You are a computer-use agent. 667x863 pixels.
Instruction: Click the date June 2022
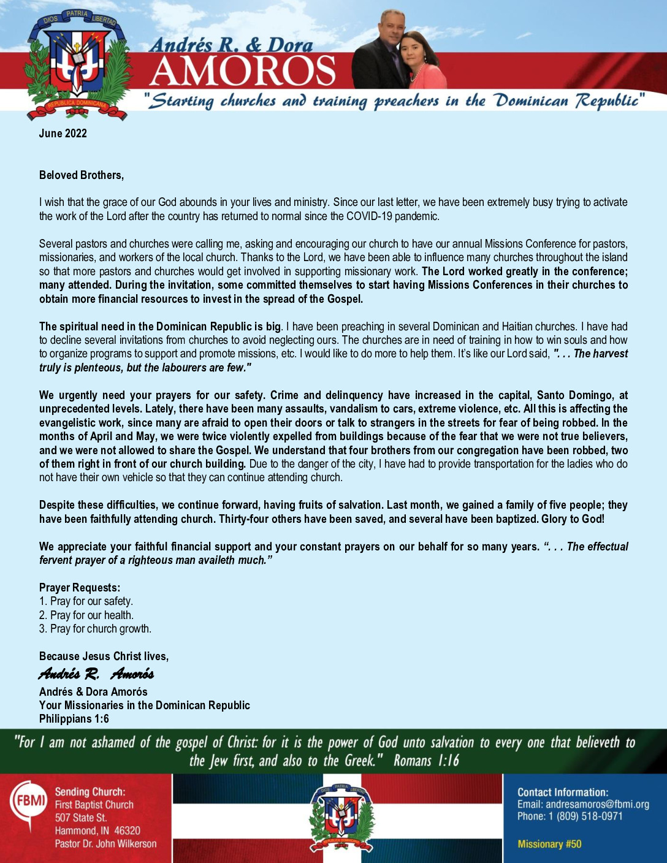[63, 134]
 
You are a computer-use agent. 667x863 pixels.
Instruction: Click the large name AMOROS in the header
[242, 71]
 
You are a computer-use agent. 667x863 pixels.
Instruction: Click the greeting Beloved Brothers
[82, 175]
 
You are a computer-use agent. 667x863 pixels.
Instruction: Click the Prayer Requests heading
[80, 588]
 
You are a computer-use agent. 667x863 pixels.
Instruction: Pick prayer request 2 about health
[86, 615]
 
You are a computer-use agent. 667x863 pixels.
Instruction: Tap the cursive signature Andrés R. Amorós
[96, 674]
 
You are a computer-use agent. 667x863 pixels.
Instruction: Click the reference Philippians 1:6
[74, 719]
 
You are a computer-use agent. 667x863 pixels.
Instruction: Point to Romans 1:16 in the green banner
[426, 761]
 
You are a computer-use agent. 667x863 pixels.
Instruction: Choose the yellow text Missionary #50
[549, 844]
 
